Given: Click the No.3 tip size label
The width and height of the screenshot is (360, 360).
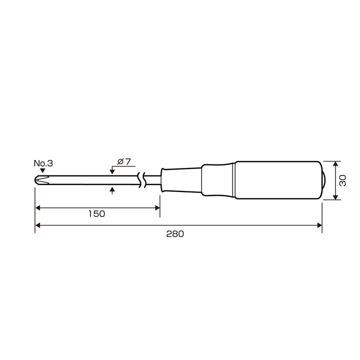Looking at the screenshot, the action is click(43, 163).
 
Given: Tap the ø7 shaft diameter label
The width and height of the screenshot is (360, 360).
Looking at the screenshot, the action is click(124, 161).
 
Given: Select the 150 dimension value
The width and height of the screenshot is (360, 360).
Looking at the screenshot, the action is click(96, 214).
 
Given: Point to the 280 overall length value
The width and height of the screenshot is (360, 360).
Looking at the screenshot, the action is click(175, 234).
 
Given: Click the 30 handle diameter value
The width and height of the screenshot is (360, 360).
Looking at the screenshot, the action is click(343, 180).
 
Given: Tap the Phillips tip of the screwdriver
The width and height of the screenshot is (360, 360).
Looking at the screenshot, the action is click(42, 180).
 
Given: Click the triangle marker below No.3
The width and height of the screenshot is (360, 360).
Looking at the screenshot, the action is click(42, 170).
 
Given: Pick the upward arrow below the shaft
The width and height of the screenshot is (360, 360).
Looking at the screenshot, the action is click(112, 190).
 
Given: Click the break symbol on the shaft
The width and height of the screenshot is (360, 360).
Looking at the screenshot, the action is click(141, 180).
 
